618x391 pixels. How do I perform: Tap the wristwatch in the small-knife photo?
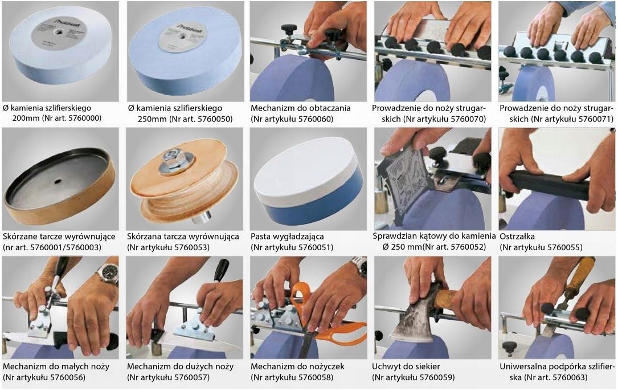coord(109,273)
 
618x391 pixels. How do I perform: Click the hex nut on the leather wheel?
coord(173,158)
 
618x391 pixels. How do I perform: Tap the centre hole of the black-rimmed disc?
coord(58,181)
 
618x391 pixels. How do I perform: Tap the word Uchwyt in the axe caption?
coord(385,366)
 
